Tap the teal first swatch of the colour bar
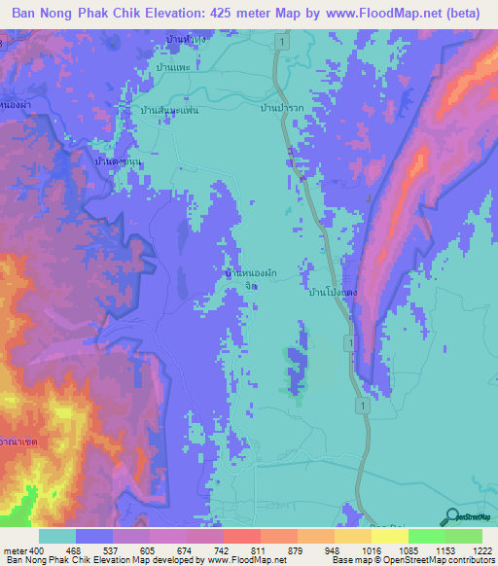(56, 536)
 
